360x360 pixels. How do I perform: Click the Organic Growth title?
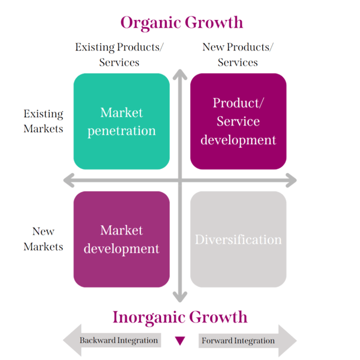[x=181, y=23]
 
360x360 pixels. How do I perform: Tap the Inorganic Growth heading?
[x=180, y=317]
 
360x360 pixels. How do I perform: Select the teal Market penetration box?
[x=121, y=121]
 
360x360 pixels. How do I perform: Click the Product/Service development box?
[x=238, y=121]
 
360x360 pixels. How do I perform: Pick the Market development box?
[x=121, y=239]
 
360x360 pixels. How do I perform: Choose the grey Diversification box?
[x=238, y=239]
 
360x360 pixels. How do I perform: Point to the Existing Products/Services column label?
[x=119, y=55]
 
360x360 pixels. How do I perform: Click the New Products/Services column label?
[x=238, y=55]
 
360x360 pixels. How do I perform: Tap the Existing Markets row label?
[x=43, y=121]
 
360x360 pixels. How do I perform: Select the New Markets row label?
[x=43, y=239]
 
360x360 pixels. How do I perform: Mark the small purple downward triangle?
[x=180, y=340]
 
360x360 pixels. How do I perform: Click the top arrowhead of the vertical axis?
[x=179, y=75]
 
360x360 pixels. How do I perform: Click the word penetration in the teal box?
[x=121, y=131]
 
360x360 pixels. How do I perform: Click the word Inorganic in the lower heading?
[x=149, y=317]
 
